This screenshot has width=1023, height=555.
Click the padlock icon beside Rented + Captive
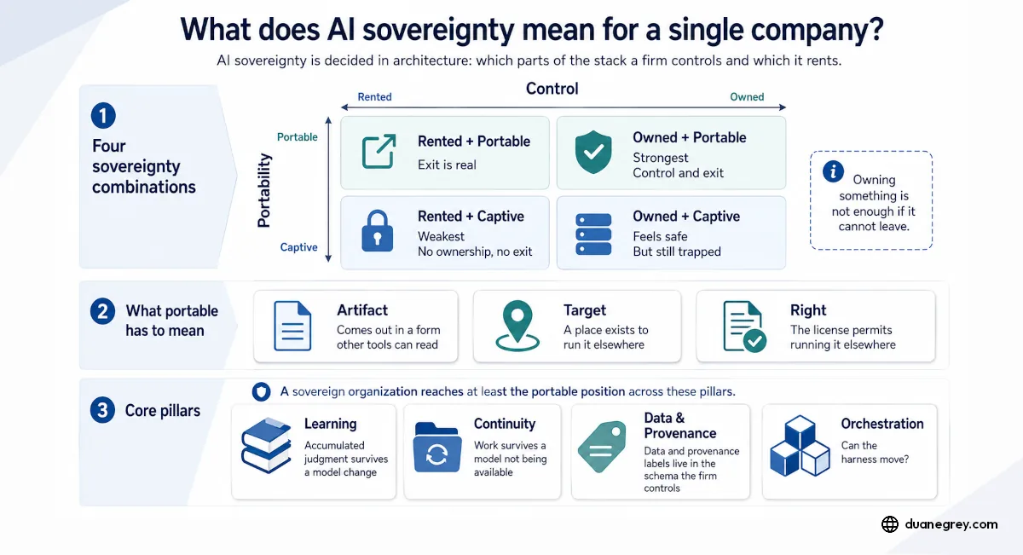coord(377,231)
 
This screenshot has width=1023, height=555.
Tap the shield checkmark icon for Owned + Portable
coord(593,152)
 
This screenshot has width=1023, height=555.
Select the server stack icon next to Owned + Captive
coord(593,234)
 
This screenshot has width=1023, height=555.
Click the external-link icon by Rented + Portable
coord(379,151)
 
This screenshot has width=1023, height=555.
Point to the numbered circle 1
coord(103,115)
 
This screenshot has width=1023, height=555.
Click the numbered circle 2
coord(103,311)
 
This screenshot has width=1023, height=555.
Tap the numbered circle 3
coord(103,410)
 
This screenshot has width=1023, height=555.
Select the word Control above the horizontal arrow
coord(552,88)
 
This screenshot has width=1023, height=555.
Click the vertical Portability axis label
coord(264,190)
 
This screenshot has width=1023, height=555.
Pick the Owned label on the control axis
coord(747,97)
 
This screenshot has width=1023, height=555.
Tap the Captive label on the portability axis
coord(298,247)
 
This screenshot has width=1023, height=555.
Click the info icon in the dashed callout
coord(833,171)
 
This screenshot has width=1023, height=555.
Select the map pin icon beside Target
coord(517,326)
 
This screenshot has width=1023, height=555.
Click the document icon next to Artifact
coord(292,326)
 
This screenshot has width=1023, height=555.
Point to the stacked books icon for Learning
coord(266,445)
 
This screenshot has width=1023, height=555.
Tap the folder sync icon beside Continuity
coord(437,448)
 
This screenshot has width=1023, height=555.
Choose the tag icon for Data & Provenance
coord(602,447)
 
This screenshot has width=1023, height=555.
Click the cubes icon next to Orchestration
coord(800,446)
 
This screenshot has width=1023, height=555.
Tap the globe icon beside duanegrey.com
coord(890,524)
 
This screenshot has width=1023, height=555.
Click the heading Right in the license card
coord(808,310)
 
